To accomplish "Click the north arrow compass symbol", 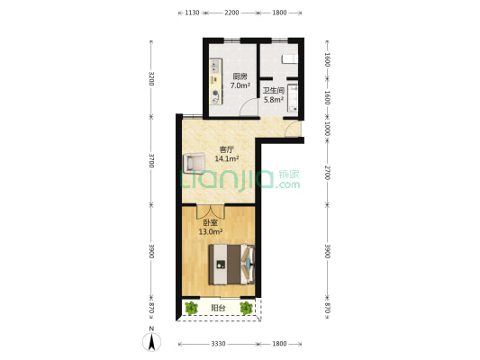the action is [x=151, y=340].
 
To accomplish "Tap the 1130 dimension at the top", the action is [x=192, y=13].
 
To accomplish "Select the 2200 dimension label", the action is [x=231, y=13].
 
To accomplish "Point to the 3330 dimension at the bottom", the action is [x=218, y=344].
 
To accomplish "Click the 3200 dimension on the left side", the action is [x=151, y=78].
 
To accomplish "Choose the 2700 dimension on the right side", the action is [x=327, y=173].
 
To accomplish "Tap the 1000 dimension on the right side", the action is [x=327, y=129].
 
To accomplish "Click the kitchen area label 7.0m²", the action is [x=240, y=85].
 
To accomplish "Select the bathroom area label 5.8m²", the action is [x=274, y=100].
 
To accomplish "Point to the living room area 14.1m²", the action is [x=227, y=158].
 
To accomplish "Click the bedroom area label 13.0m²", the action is [x=211, y=232].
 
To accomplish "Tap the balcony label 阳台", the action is [x=218, y=308].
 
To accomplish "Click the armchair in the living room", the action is [x=194, y=162].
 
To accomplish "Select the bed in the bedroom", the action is [x=231, y=265].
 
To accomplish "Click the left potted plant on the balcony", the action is [x=191, y=308].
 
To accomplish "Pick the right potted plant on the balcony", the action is [x=246, y=308].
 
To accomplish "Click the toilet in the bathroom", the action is [x=290, y=59].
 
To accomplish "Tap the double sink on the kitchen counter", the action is [x=215, y=67].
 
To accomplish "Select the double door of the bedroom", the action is [x=211, y=211].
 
